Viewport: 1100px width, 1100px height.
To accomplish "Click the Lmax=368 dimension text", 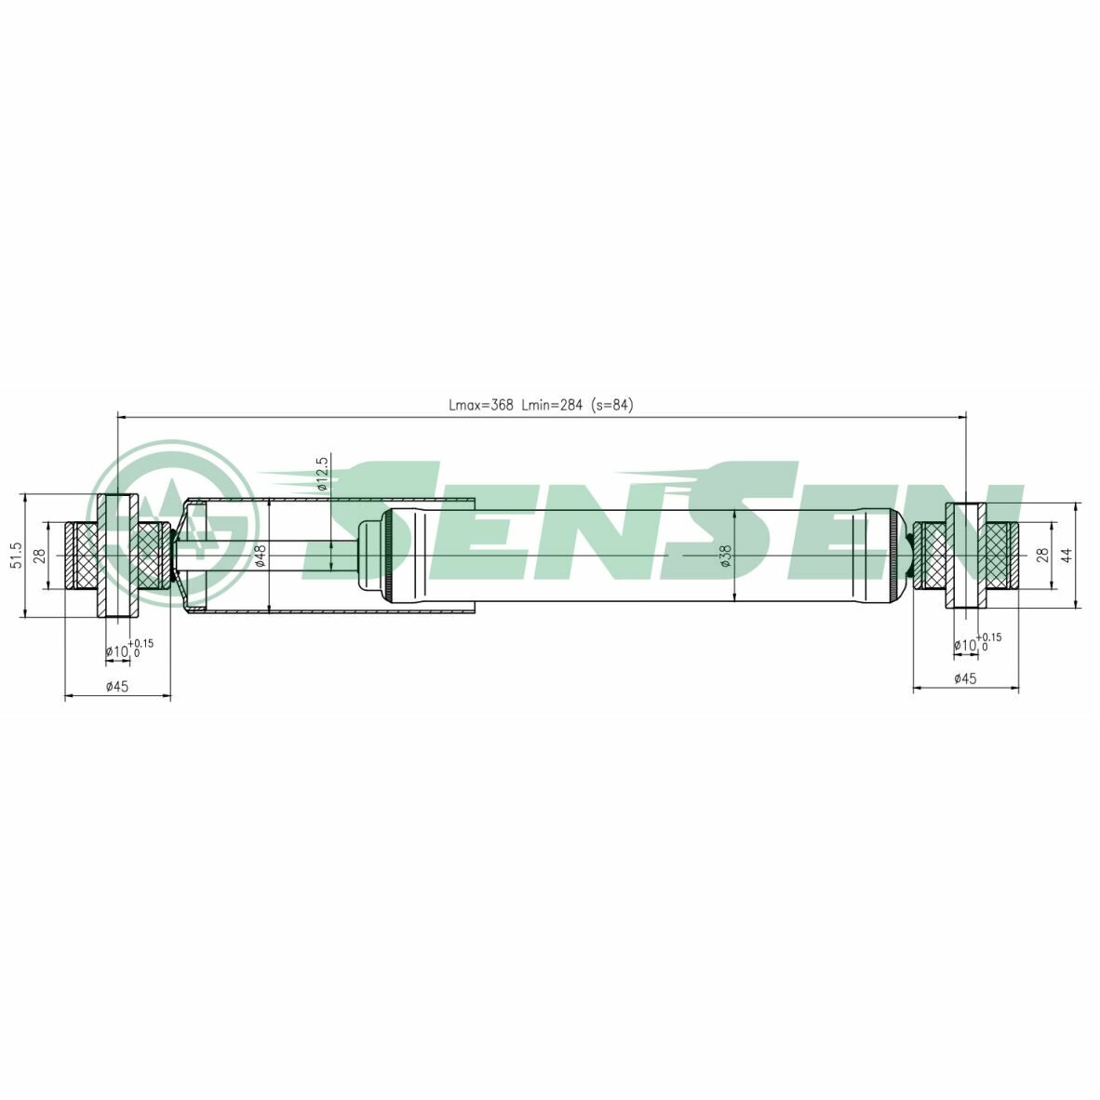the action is pyautogui.click(x=480, y=405).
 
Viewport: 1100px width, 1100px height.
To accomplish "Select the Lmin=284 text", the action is pyautogui.click(x=552, y=405).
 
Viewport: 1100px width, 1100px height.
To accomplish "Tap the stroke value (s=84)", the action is pyautogui.click(x=611, y=405).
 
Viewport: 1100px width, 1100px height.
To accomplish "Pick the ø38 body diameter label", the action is pyautogui.click(x=725, y=556).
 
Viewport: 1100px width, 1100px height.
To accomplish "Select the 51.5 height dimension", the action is pyautogui.click(x=18, y=556).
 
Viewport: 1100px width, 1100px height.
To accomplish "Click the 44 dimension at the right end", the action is pyautogui.click(x=1066, y=555).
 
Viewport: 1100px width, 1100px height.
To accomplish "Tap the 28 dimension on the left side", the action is pyautogui.click(x=40, y=556).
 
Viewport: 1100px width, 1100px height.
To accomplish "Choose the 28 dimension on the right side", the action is pyautogui.click(x=1042, y=555).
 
